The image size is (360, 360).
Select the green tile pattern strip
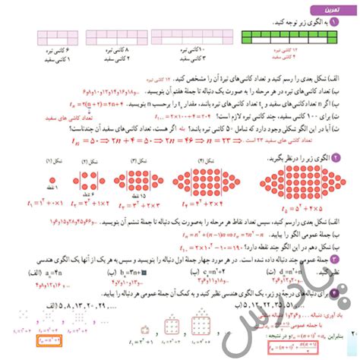tap(289, 36)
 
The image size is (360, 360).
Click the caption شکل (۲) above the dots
tap(90, 162)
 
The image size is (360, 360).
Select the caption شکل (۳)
tap(137, 161)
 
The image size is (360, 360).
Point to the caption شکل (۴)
tap(204, 161)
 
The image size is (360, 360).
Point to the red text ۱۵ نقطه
tap(139, 196)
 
